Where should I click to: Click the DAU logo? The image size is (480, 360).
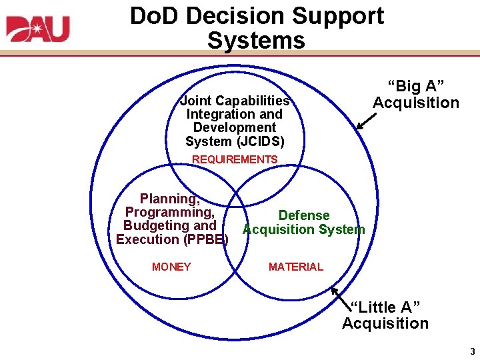tap(38, 28)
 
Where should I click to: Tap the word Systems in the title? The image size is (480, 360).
tap(256, 40)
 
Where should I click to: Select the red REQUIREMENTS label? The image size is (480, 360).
tap(235, 159)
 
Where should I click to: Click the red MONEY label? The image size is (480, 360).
tap(171, 267)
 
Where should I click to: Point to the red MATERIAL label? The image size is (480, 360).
tap(295, 267)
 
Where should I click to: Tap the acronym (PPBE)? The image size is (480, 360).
tap(205, 239)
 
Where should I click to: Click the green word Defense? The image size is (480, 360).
tap(304, 215)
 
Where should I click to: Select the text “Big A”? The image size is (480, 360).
tap(416, 87)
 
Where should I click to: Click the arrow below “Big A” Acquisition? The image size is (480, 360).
tap(365, 120)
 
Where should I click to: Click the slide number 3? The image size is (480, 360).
tap(472, 351)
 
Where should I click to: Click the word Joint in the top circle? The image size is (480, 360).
tap(195, 101)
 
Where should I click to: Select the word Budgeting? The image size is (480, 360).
tap(156, 226)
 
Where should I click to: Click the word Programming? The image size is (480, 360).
tap(170, 212)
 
